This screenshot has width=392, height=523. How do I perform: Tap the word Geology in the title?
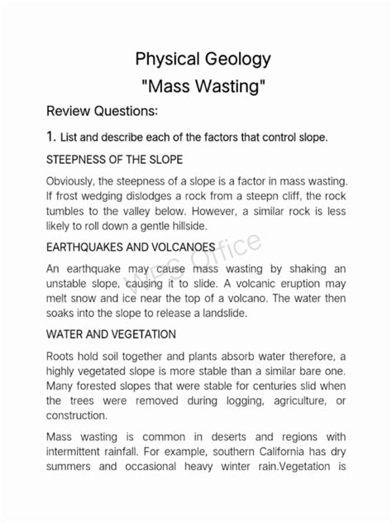coord(238,60)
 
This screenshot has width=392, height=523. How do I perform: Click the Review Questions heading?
coord(103,111)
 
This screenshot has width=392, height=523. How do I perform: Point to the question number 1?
coord(50,137)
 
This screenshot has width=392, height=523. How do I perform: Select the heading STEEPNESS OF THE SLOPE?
coord(114,159)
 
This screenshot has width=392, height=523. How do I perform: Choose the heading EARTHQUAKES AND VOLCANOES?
coord(131,247)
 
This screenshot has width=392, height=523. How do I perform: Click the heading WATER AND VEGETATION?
coord(111,334)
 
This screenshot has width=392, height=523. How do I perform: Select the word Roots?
coord(63,356)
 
